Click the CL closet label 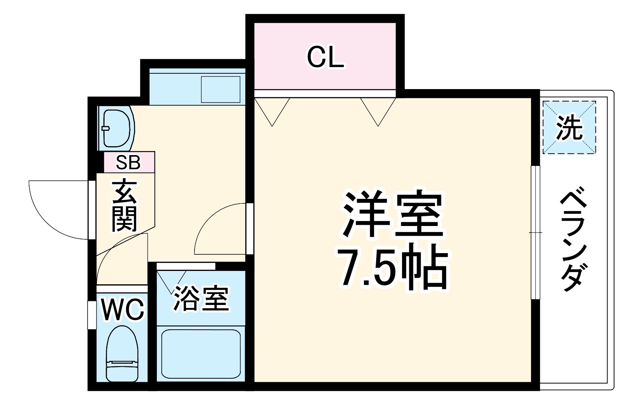click(x=325, y=58)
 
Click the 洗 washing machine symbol click(x=569, y=128)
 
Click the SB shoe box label click(x=128, y=162)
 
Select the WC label click(x=122, y=310)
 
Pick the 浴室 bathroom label click(x=201, y=299)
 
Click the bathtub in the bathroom click(x=201, y=354)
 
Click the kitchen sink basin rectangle click(x=221, y=89)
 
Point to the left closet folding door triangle click(x=272, y=109)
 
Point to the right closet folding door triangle click(x=378, y=109)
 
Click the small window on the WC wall click(x=92, y=315)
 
